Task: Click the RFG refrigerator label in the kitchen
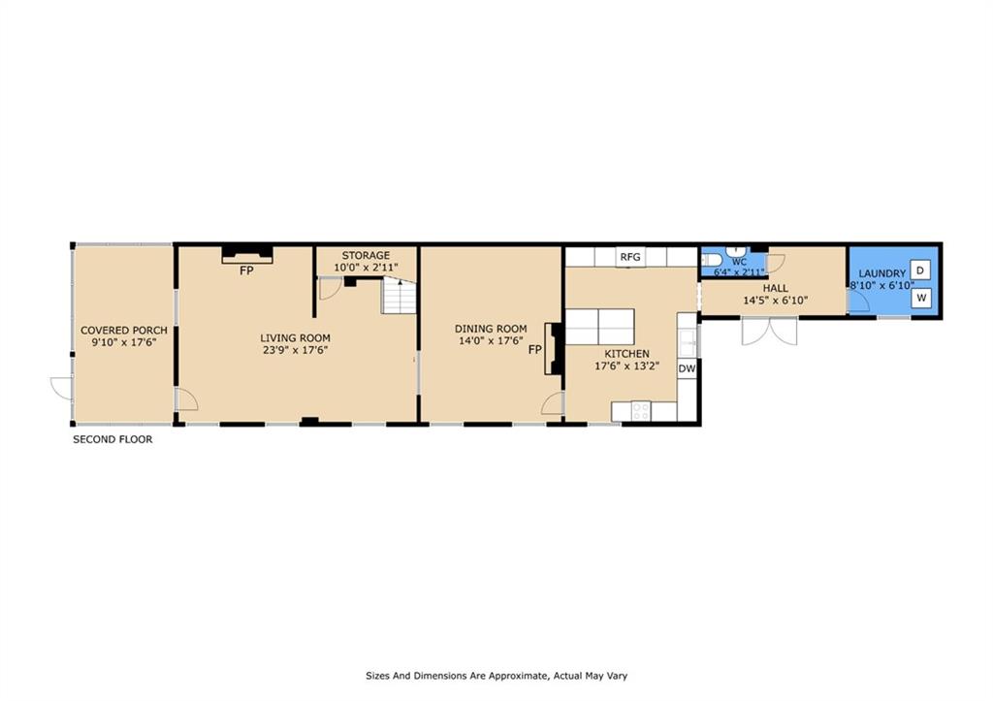631,257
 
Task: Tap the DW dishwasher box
687,368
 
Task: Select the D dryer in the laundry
921,270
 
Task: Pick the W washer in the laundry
921,298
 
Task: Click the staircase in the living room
398,296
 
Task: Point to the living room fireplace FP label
247,271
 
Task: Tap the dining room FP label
534,349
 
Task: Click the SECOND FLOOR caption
112,439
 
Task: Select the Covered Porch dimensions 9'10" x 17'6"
124,343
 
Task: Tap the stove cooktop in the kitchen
641,411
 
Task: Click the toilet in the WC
709,259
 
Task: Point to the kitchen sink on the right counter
687,339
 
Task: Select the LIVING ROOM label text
296,337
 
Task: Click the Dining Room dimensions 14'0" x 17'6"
491,341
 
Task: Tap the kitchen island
599,327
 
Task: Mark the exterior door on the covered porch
61,389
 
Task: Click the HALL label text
775,288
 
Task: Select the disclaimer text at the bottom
501,676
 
